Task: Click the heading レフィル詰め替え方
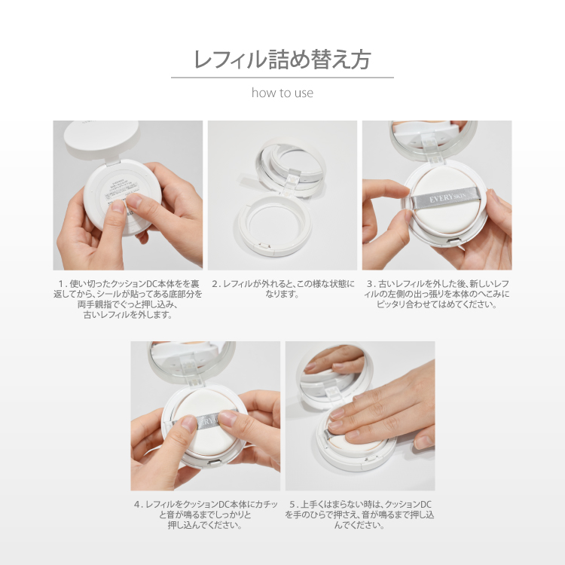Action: pos(282,60)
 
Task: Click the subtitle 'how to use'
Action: pos(282,93)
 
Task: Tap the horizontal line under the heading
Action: pos(282,78)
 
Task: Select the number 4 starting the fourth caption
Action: pos(138,504)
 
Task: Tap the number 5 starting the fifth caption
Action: pos(292,504)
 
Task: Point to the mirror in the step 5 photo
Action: pos(331,363)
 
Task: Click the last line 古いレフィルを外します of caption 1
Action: pos(127,315)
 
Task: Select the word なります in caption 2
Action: pos(282,295)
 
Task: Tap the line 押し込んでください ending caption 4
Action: pos(205,525)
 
